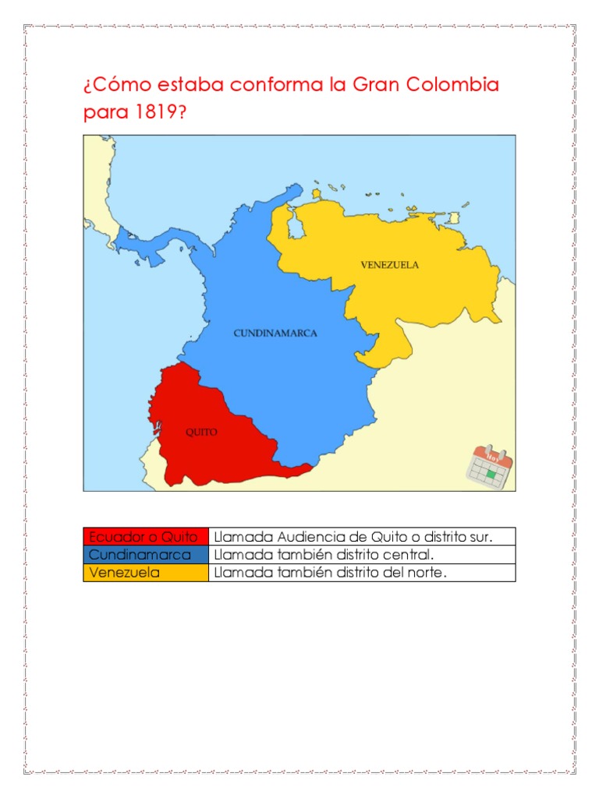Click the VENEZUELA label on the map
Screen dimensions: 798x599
389,265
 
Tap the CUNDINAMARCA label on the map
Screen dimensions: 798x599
275,333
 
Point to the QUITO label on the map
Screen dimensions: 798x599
201,432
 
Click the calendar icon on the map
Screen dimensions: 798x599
490,467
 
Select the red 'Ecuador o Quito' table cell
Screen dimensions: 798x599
146,537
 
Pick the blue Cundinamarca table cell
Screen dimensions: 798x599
146,555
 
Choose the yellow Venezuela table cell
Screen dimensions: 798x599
146,573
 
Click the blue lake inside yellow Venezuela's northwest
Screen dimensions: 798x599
296,228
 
